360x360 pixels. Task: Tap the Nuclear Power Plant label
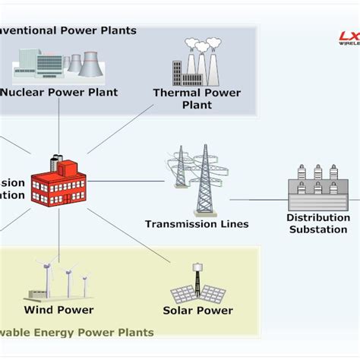[x=58, y=93]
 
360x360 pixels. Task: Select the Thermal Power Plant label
[x=197, y=99]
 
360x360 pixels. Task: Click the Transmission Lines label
[x=197, y=224]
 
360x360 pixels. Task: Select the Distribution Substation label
[x=317, y=223]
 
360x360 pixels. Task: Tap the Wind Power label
[x=58, y=309]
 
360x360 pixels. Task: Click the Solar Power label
[x=197, y=310]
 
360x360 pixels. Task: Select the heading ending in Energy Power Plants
[x=76, y=333]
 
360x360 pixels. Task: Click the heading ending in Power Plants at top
[x=68, y=30]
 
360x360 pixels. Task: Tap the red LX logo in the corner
[x=349, y=36]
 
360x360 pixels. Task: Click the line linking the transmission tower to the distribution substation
[x=258, y=201]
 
